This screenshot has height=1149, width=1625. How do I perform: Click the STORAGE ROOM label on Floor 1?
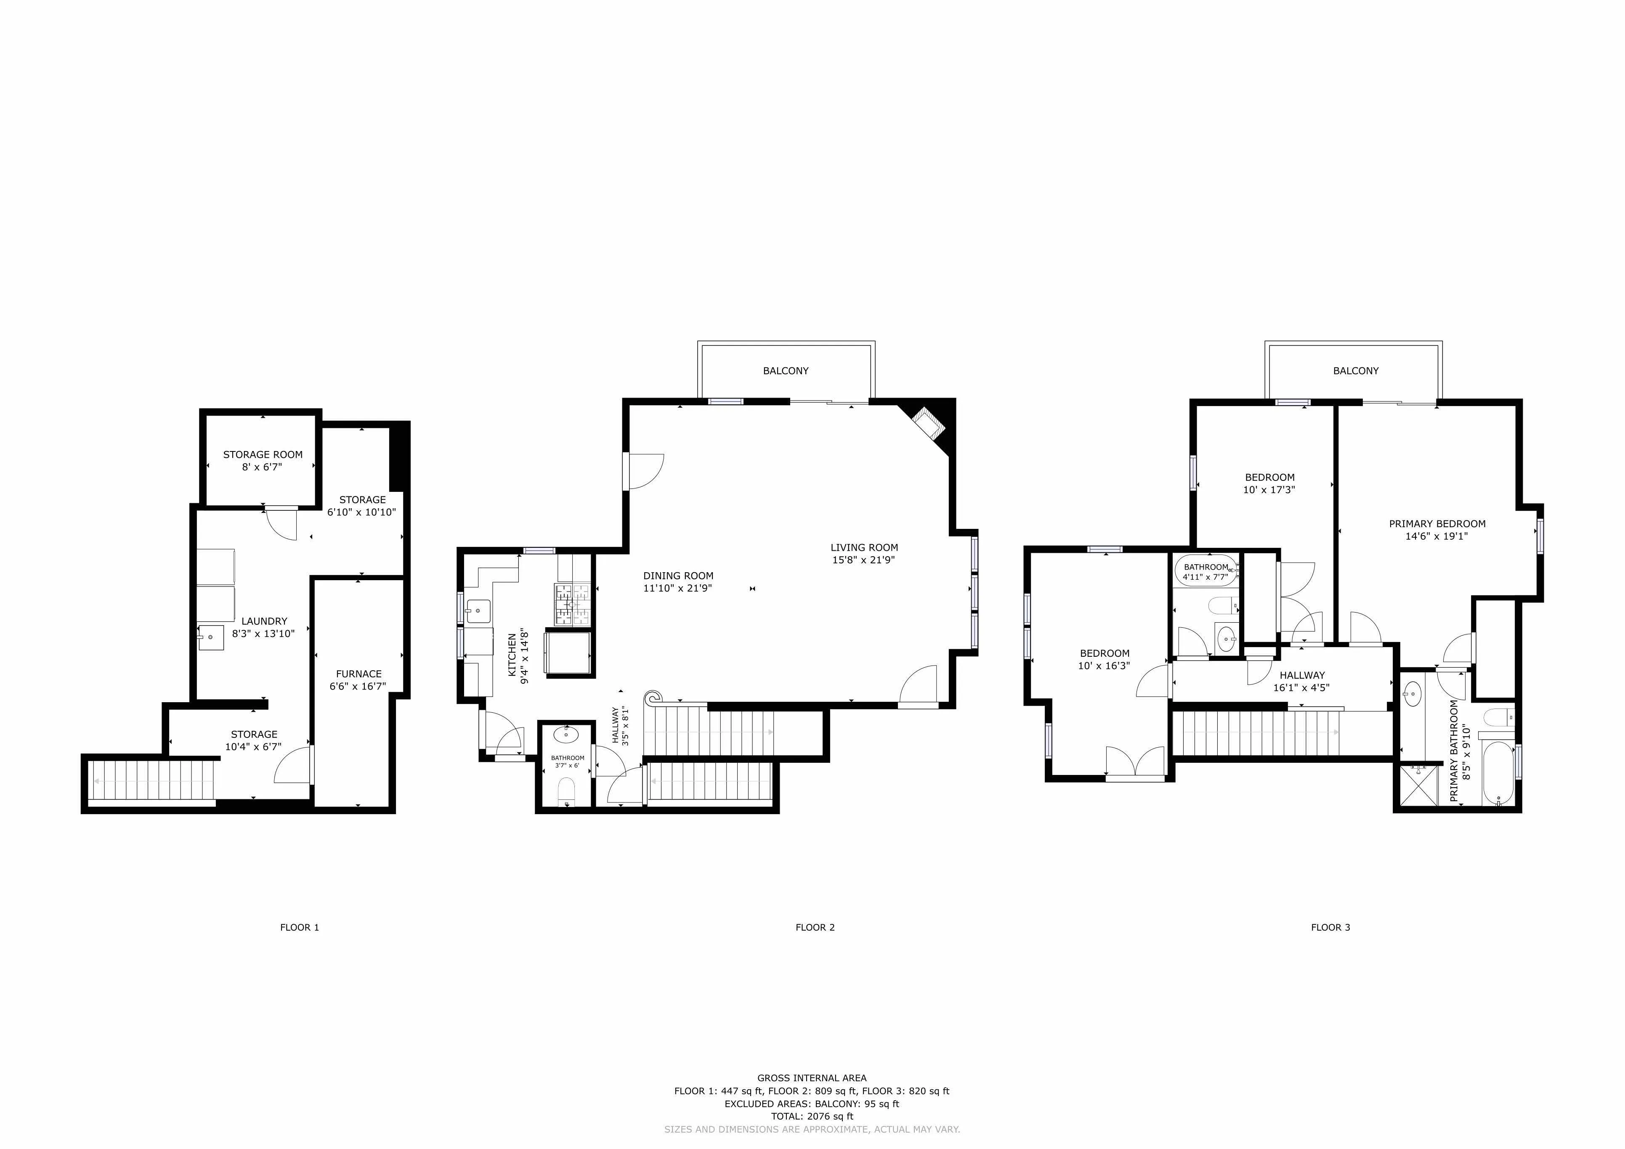coord(263,455)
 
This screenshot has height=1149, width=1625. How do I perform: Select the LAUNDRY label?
coord(264,621)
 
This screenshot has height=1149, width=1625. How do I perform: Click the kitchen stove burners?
coord(572,605)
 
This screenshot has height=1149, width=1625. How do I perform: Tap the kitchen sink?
coord(478,610)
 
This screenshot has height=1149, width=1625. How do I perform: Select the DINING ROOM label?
coord(677,576)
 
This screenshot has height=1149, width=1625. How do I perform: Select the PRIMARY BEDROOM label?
coord(1437,523)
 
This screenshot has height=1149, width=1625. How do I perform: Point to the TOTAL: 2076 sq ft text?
coord(812,1117)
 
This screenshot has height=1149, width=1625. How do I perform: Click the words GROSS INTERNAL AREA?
coord(812,1078)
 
